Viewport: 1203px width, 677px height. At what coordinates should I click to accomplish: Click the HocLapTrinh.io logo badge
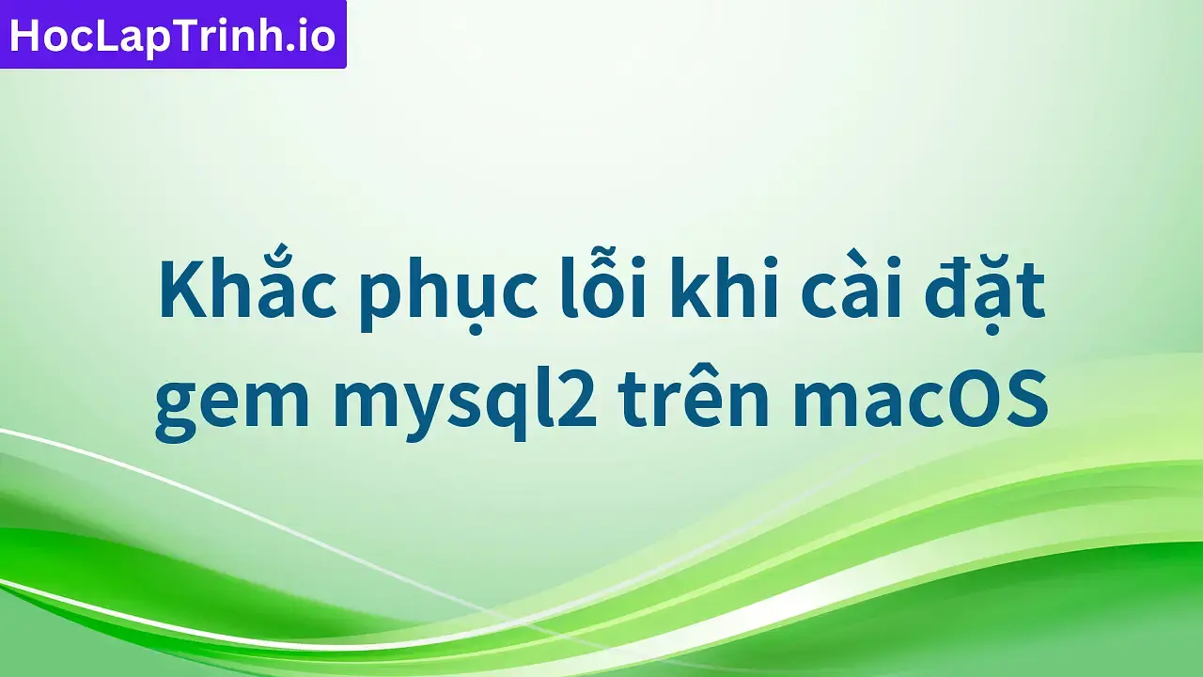[x=173, y=35]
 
